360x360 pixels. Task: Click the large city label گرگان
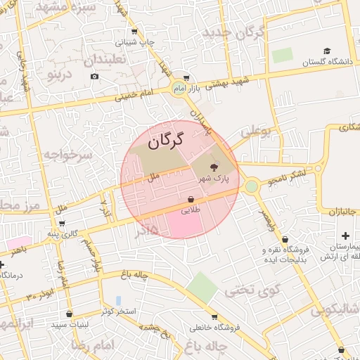[x=165, y=140]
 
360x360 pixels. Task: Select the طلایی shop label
[x=191, y=210]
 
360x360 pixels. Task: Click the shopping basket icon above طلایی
[x=191, y=199]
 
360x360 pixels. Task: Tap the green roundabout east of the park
[x=252, y=186]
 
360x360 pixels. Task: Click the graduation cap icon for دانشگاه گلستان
[x=326, y=51]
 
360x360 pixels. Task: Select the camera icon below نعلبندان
[x=95, y=76]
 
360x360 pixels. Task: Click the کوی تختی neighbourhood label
[x=252, y=289]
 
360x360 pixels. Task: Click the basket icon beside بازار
[x=186, y=78]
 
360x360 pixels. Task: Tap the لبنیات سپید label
[x=68, y=326]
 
